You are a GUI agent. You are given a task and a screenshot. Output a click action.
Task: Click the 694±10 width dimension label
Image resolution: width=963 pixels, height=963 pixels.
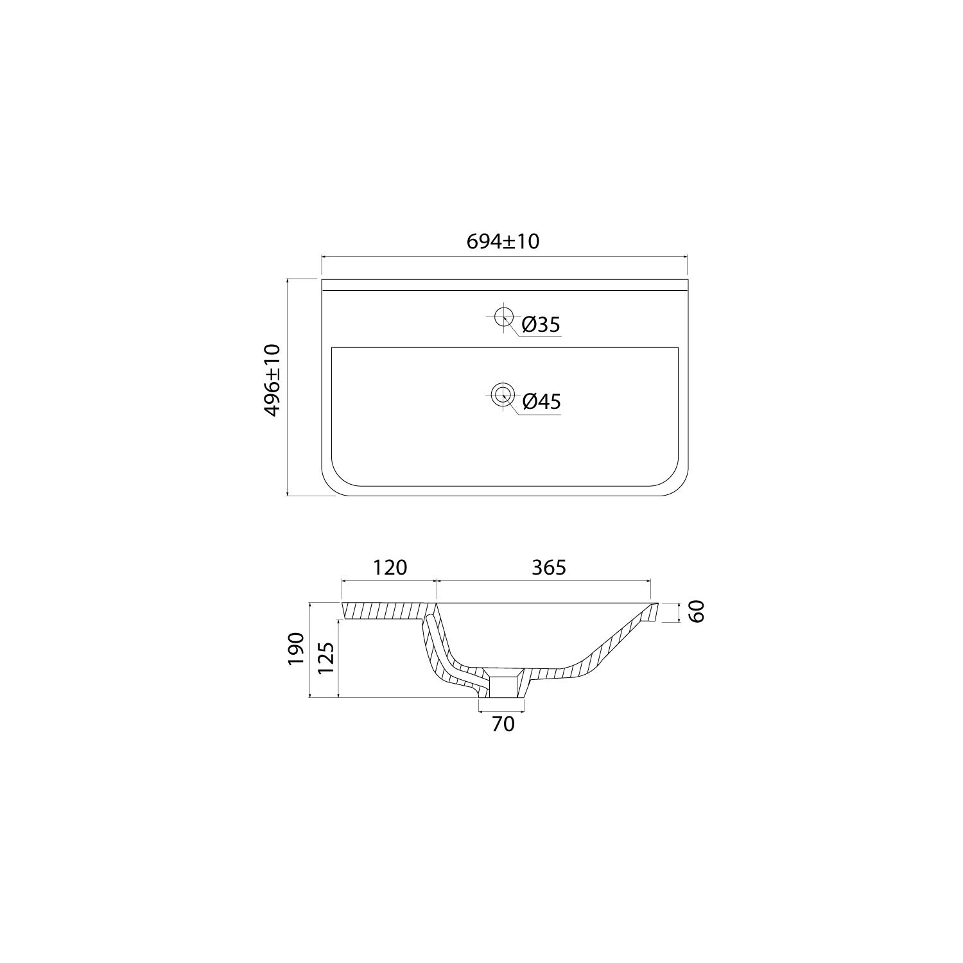coord(503,241)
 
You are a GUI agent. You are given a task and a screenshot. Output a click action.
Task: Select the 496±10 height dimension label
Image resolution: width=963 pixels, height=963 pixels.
coord(272,380)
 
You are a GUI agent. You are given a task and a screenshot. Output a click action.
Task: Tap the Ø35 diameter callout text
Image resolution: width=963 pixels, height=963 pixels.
coord(541,325)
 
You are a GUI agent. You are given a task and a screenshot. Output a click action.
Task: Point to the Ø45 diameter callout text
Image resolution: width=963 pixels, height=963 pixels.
coord(541,402)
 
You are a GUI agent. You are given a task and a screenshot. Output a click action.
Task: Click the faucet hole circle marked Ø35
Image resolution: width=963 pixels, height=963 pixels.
coord(503,315)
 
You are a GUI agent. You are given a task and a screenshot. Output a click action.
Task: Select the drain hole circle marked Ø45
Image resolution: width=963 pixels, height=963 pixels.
coord(503,394)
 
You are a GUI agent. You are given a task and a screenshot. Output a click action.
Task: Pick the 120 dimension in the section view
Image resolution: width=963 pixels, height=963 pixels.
coord(390,568)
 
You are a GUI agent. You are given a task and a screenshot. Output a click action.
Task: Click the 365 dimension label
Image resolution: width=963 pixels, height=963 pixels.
coord(549,568)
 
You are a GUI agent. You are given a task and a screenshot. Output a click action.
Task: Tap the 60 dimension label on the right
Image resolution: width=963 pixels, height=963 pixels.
coord(697,611)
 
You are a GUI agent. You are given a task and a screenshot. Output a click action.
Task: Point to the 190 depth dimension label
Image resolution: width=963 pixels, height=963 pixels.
coord(295,648)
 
